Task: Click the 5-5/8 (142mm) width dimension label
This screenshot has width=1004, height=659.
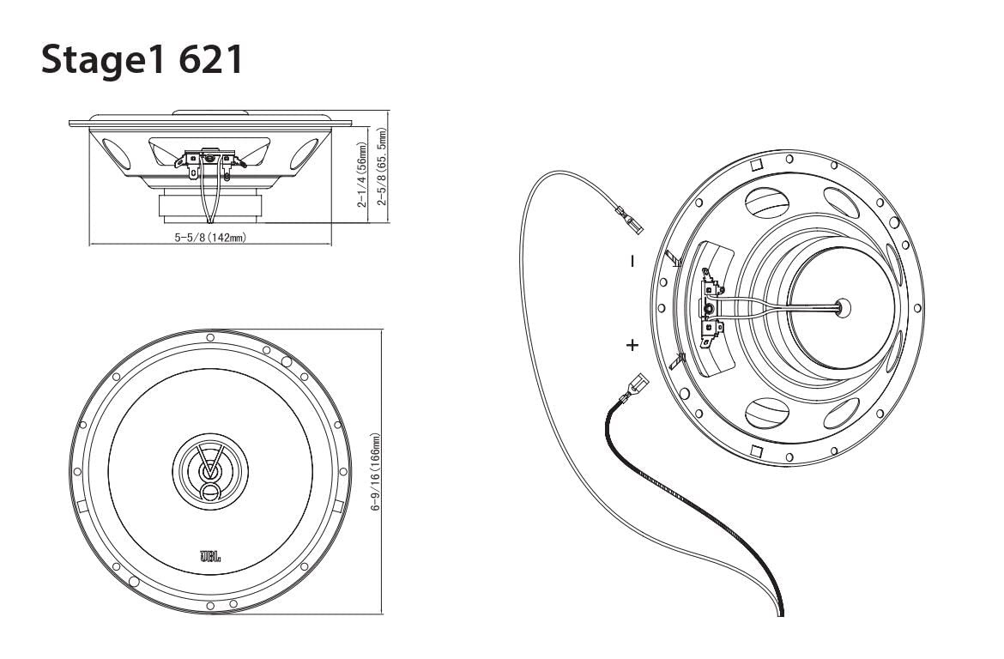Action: click(211, 237)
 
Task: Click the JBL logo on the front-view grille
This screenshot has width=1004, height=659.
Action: click(211, 557)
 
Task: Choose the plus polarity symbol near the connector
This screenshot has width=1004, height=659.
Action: click(632, 346)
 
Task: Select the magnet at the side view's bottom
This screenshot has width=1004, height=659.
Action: click(211, 206)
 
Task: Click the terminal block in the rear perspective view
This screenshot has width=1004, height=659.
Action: click(711, 309)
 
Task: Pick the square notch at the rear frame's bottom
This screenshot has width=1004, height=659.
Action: click(757, 452)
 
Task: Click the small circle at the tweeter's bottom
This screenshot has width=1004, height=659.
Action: click(211, 491)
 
